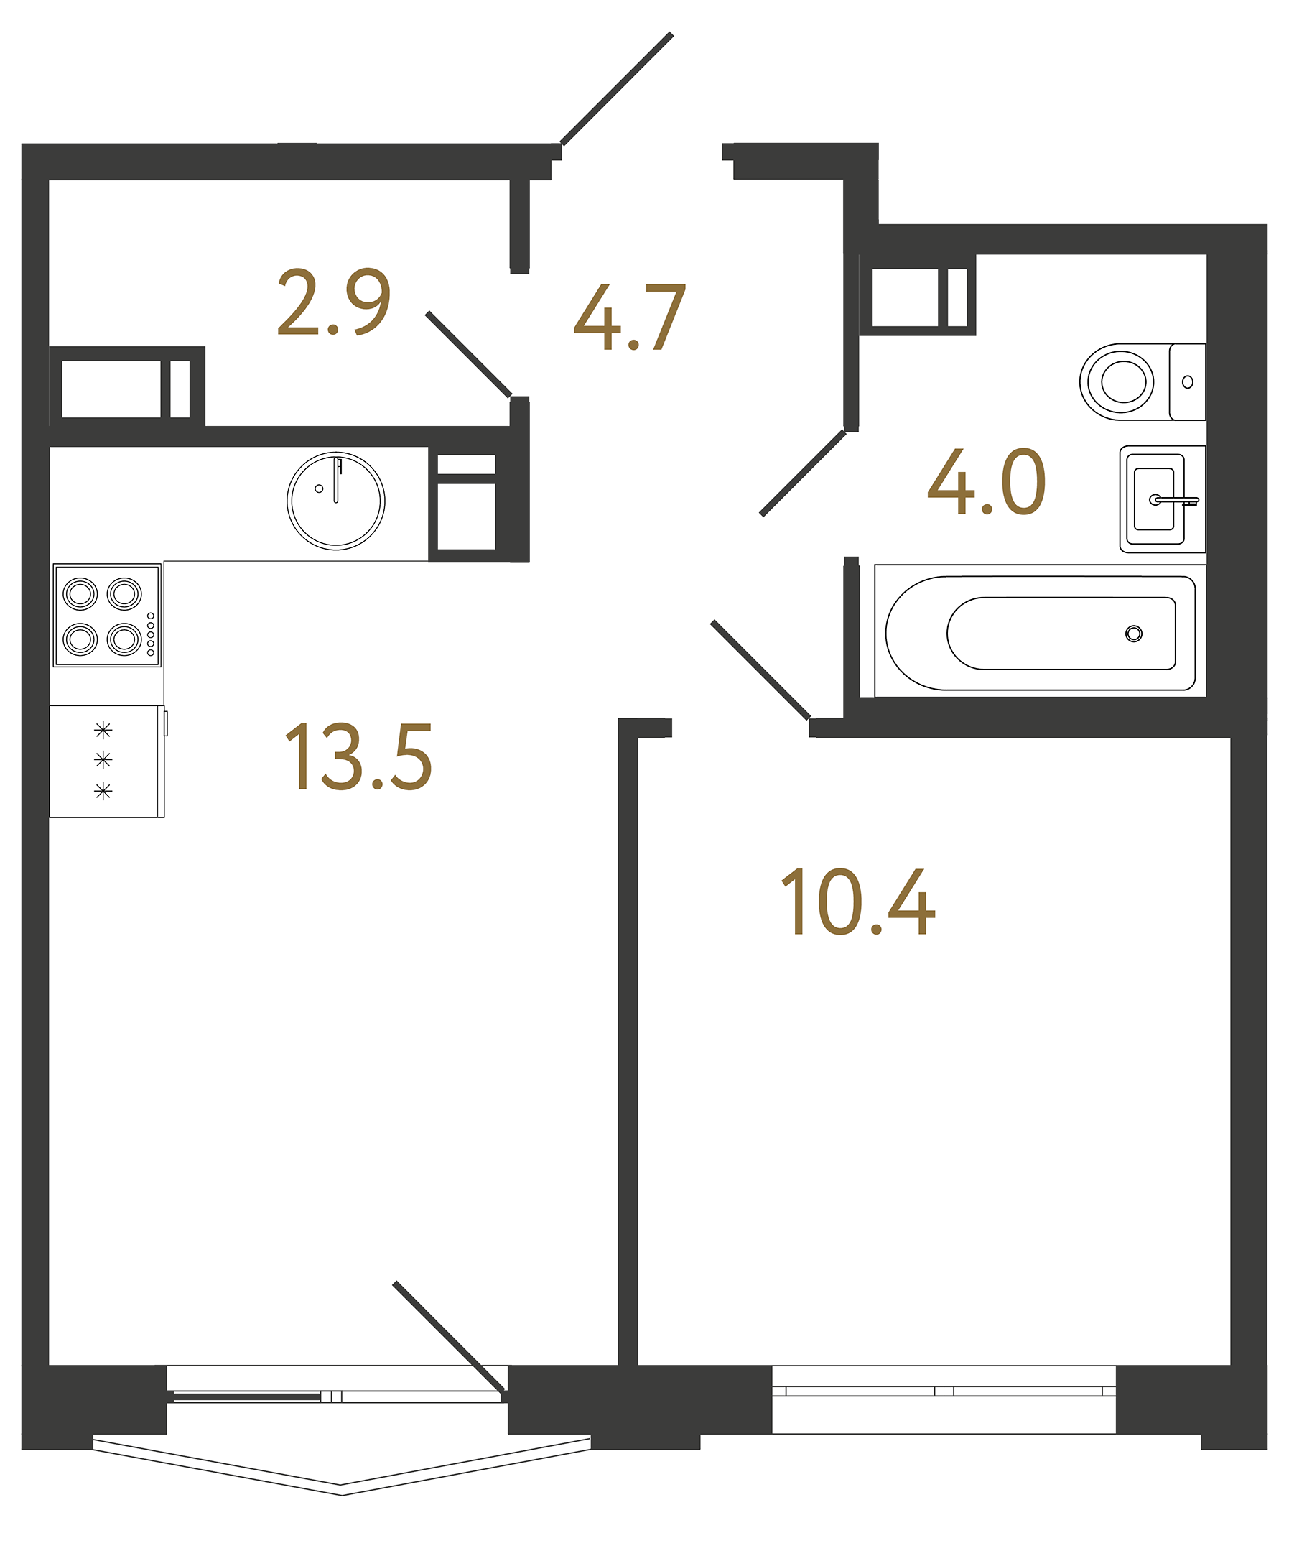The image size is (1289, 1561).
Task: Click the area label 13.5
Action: pyautogui.click(x=358, y=757)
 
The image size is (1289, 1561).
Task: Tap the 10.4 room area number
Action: pyautogui.click(x=857, y=902)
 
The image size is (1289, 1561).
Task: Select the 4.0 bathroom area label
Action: pyautogui.click(x=986, y=483)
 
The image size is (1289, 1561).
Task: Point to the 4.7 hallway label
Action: pyautogui.click(x=630, y=318)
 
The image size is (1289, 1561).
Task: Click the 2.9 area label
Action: pyautogui.click(x=333, y=302)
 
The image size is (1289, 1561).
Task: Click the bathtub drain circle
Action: pyautogui.click(x=1133, y=634)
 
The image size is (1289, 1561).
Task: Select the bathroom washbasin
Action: pyautogui.click(x=1155, y=499)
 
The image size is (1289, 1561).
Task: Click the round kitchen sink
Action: pyautogui.click(x=335, y=501)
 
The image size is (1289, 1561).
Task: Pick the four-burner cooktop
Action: pyautogui.click(x=107, y=615)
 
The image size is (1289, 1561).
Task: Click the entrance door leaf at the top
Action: pyautogui.click(x=616, y=89)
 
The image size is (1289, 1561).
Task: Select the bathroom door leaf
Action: pyautogui.click(x=804, y=473)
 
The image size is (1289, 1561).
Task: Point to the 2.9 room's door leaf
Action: pyautogui.click(x=467, y=354)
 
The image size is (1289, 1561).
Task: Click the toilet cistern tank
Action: pyautogui.click(x=1186, y=381)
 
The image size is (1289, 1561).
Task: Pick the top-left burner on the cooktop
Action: pyautogui.click(x=80, y=593)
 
